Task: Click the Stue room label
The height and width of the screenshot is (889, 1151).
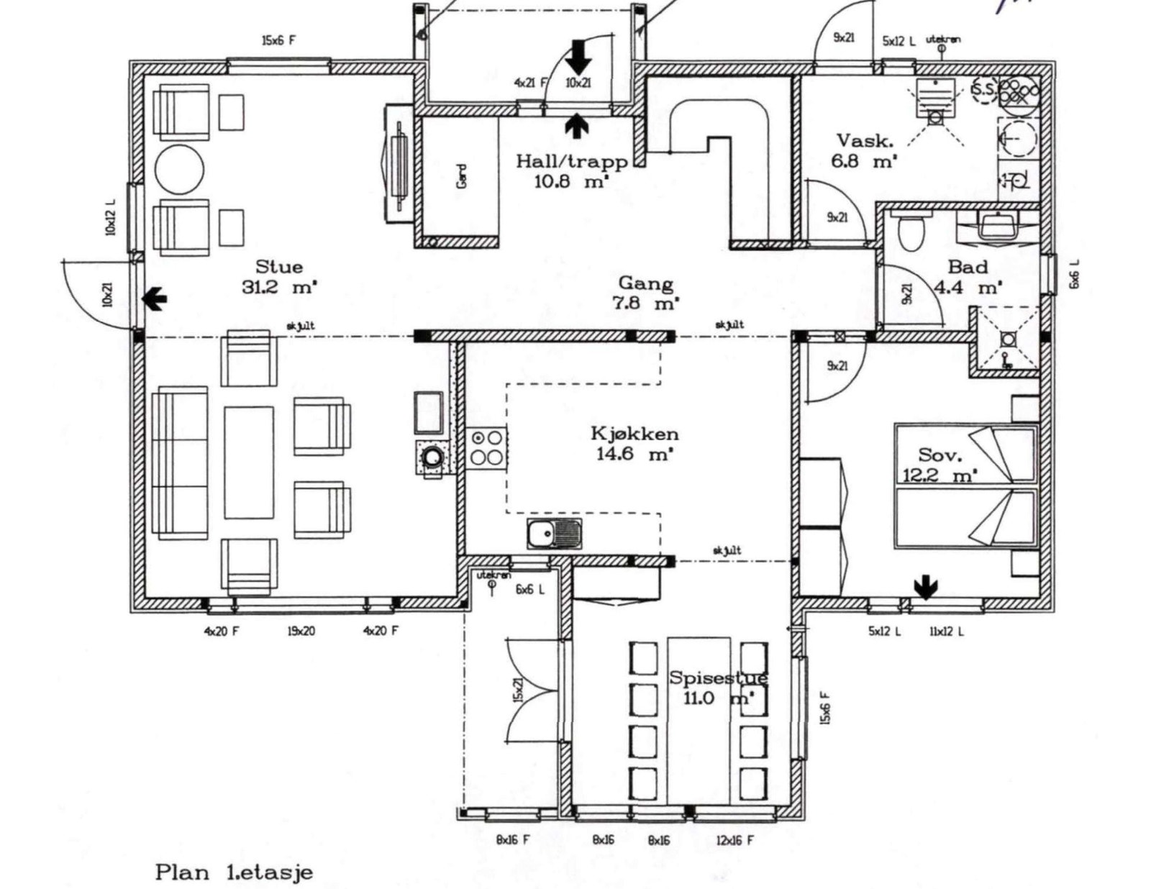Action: click(x=278, y=267)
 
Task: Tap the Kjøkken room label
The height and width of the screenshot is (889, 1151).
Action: click(x=634, y=434)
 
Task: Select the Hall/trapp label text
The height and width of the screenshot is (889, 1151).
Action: click(x=571, y=161)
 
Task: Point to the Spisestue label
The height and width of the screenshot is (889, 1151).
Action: click(x=718, y=678)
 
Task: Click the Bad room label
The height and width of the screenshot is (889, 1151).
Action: click(x=968, y=267)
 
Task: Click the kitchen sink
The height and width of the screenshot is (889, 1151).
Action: click(x=554, y=534)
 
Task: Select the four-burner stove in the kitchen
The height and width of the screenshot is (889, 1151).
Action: click(x=486, y=447)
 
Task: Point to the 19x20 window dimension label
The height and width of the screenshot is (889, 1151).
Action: click(x=301, y=632)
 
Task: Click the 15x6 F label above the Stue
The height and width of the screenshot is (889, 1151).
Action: click(x=278, y=41)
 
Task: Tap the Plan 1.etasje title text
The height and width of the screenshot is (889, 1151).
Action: click(x=234, y=873)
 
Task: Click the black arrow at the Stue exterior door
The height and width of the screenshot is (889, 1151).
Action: click(x=155, y=298)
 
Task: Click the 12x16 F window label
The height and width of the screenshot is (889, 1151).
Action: click(x=734, y=840)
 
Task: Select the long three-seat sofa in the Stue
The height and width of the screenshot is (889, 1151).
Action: click(x=181, y=462)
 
